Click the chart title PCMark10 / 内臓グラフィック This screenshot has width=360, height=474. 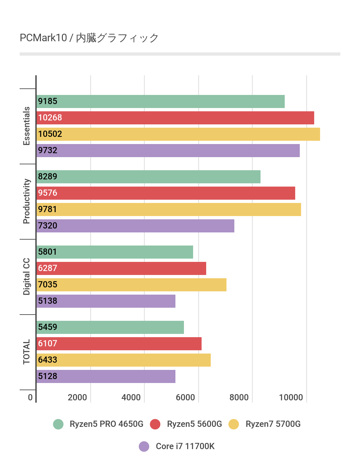pos(89,38)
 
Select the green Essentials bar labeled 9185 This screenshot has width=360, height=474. pos(160,101)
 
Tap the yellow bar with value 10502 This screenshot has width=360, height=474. pos(178,134)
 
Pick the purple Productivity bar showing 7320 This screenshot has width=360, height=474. pos(135,226)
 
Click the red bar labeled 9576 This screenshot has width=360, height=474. pos(166,193)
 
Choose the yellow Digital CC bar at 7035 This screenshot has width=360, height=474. pos(131,285)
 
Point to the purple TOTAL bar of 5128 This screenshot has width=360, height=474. pos(106,376)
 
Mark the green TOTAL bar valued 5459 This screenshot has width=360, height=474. pos(110,327)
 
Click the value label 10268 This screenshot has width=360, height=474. pos(50,118)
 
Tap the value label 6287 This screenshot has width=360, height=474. pos(48,268)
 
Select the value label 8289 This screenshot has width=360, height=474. pos(48,177)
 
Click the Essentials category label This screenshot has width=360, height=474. pos(27,126)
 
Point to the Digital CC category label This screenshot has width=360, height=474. pos(27,277)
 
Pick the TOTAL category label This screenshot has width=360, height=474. pos(27,352)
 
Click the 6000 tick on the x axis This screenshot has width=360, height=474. pos(185,397)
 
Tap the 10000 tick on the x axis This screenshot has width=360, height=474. pos(291,397)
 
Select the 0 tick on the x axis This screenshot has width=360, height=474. pos(30,397)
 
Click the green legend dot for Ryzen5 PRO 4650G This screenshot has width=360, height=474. pos(58,424)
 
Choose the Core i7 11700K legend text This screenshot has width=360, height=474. pos(185,446)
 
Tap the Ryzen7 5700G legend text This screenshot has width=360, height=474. pos(273,424)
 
